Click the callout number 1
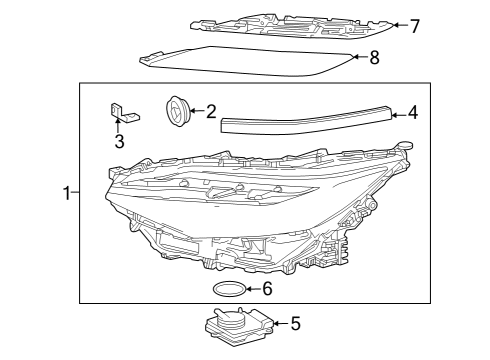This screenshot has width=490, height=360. point(67,193)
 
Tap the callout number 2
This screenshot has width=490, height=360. point(211,111)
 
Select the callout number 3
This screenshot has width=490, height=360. point(119,141)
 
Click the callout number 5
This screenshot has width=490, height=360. point(295,323)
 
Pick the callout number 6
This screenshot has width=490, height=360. point(266,289)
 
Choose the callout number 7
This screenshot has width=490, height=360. point(414,25)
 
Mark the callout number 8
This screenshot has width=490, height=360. point(374,58)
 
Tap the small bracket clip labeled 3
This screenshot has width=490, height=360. point(121,112)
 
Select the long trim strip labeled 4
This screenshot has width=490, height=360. point(305,118)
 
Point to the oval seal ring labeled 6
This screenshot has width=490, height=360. point(229,290)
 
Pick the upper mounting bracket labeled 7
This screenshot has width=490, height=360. point(290,25)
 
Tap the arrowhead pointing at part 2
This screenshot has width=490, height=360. point(193,111)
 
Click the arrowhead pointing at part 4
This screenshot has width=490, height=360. point(393,113)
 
